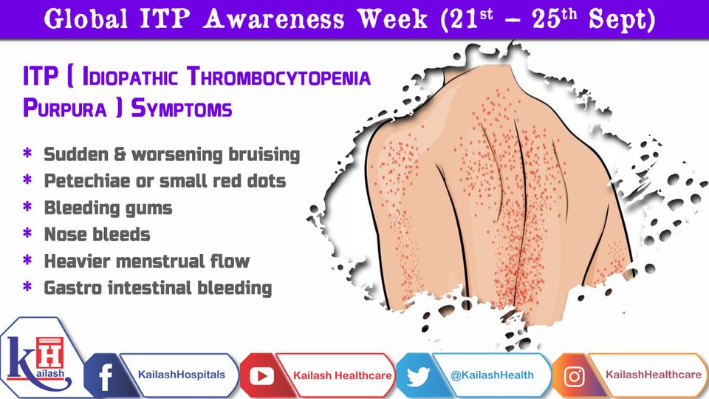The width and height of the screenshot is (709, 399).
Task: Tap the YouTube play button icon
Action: click(x=261, y=376)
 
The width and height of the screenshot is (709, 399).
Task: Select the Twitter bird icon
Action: click(x=418, y=376)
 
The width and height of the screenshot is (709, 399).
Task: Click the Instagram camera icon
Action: click(x=575, y=376)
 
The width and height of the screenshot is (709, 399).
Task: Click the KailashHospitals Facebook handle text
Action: click(x=182, y=375)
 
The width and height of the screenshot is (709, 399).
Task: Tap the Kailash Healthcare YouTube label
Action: click(x=342, y=375)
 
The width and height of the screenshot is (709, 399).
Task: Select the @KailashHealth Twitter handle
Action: click(x=492, y=375)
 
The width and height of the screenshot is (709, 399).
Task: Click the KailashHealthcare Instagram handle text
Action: click(x=654, y=375)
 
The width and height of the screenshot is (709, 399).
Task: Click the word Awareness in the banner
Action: click(x=273, y=19)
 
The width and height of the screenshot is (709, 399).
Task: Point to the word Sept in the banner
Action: click(x=622, y=19)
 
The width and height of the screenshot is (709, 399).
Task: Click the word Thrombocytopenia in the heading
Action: click(x=279, y=76)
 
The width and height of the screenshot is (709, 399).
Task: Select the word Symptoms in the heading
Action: click(x=182, y=109)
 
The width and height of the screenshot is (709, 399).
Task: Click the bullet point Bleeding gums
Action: click(x=108, y=208)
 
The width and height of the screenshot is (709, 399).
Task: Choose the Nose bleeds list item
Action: click(x=97, y=234)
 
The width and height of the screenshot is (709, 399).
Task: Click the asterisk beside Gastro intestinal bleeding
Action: click(x=27, y=287)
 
